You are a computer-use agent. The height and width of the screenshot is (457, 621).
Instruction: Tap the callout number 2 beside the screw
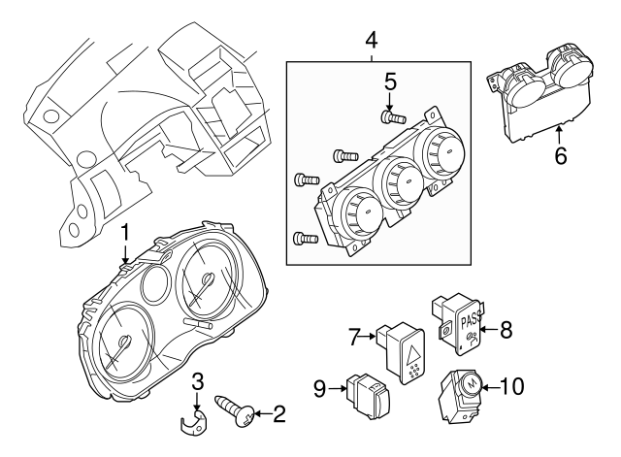click(x=280, y=416)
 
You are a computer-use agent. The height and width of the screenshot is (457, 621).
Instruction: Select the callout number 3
click(x=196, y=380)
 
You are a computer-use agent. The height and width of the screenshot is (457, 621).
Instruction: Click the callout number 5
click(x=389, y=82)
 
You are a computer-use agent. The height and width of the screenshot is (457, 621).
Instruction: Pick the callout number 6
click(x=560, y=154)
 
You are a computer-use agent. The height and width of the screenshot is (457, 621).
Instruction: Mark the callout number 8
click(x=505, y=330)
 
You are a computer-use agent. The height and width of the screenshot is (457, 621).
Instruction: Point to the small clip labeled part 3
click(x=196, y=419)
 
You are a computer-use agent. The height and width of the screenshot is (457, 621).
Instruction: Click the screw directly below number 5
click(x=390, y=118)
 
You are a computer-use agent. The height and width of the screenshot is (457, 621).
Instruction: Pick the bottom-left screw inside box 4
click(x=305, y=237)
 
